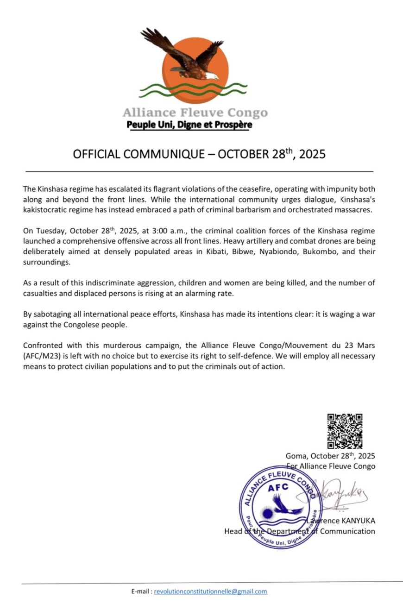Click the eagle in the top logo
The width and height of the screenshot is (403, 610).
[x=185, y=56]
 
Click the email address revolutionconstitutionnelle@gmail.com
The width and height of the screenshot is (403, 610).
[x=210, y=591]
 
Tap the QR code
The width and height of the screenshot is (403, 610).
[x=345, y=431]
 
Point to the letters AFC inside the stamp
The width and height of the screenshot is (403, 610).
[x=278, y=487]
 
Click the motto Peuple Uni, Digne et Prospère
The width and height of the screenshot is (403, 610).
[x=189, y=125]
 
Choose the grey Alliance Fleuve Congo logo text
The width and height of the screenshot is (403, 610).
[x=195, y=113]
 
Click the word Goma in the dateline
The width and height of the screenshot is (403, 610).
[x=296, y=456]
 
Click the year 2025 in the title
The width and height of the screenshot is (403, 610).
[x=312, y=154]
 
